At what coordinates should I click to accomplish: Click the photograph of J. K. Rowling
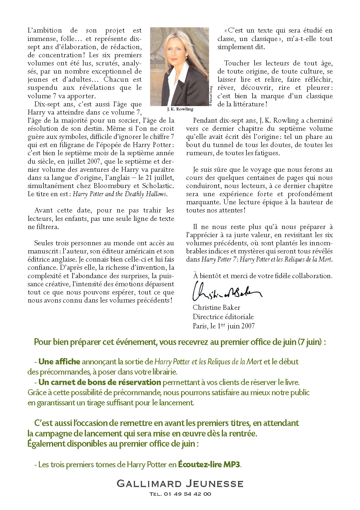179,67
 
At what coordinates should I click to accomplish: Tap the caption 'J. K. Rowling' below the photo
180,109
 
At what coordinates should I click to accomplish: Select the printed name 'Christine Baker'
216,307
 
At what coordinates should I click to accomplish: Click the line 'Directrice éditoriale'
223,317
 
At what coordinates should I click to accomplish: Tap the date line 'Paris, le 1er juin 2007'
224,326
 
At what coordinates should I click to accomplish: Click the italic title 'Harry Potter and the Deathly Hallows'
120,194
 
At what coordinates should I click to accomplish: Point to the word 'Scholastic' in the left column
158,186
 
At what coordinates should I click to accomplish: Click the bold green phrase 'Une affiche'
59,362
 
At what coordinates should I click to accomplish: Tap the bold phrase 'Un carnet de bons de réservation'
100,382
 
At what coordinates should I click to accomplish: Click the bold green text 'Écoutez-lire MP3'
209,465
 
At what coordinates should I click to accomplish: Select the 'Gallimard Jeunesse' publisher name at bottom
180,484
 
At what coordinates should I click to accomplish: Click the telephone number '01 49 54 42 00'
188,494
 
